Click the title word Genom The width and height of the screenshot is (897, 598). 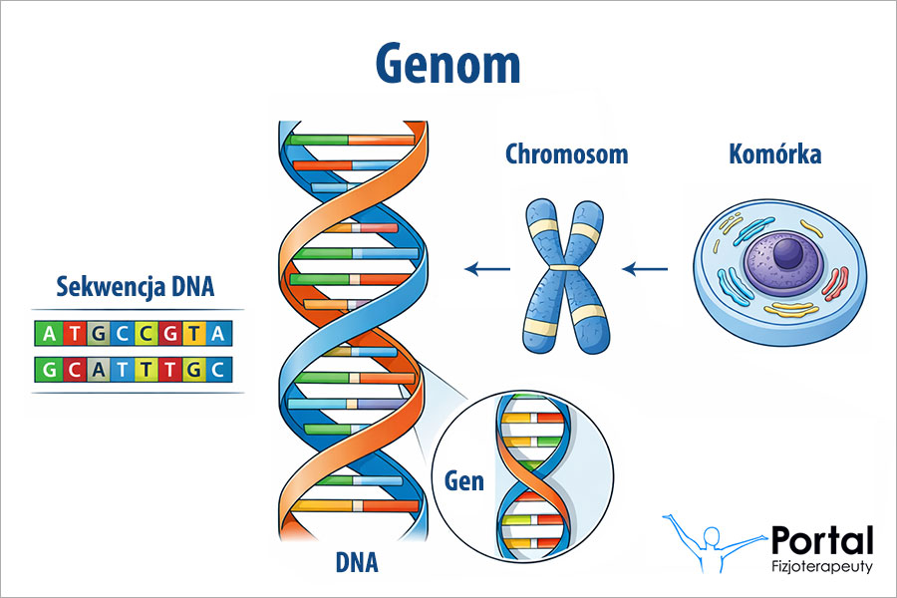[448, 65]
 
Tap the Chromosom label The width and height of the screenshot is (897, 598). [566, 154]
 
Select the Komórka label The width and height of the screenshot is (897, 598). [774, 154]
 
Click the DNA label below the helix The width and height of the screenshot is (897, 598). [357, 563]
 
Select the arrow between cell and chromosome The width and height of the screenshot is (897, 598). [646, 268]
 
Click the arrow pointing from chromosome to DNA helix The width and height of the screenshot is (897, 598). [487, 268]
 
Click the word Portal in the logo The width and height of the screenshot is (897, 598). [822, 541]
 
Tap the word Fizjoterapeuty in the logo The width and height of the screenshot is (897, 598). [823, 566]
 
